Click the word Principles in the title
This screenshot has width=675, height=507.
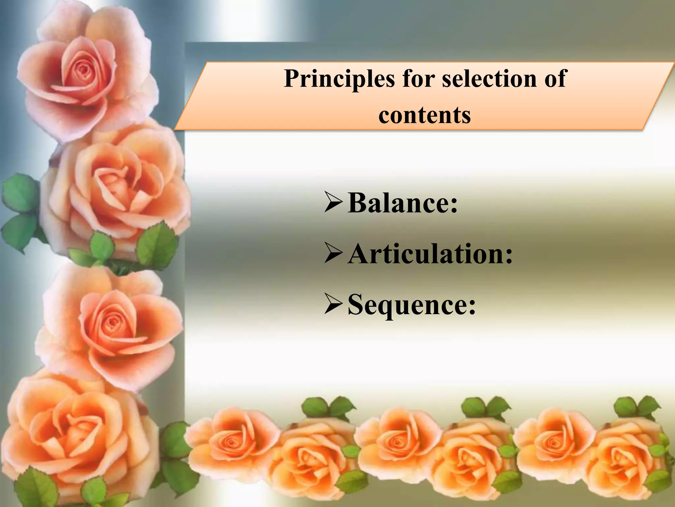click(339, 79)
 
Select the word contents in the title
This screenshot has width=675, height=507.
click(425, 115)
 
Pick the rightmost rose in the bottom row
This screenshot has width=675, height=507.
click(626, 462)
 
